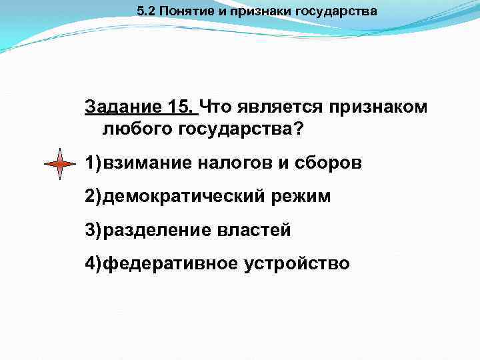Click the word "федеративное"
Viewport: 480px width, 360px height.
[x=171, y=263]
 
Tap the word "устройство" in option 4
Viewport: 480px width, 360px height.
[x=297, y=263]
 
